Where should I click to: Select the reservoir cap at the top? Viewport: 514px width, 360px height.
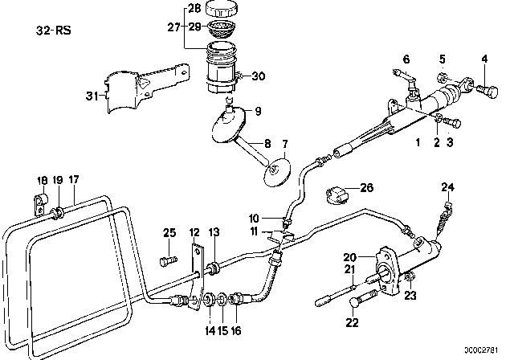(221, 10)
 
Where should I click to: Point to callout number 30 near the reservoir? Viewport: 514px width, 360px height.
(259, 76)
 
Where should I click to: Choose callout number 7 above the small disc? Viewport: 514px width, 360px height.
(283, 143)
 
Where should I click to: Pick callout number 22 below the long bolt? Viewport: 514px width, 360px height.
(350, 323)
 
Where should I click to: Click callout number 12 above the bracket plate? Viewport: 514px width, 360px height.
(194, 232)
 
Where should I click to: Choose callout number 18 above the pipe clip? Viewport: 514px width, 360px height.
(41, 180)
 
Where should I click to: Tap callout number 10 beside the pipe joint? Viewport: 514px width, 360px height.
(254, 218)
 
